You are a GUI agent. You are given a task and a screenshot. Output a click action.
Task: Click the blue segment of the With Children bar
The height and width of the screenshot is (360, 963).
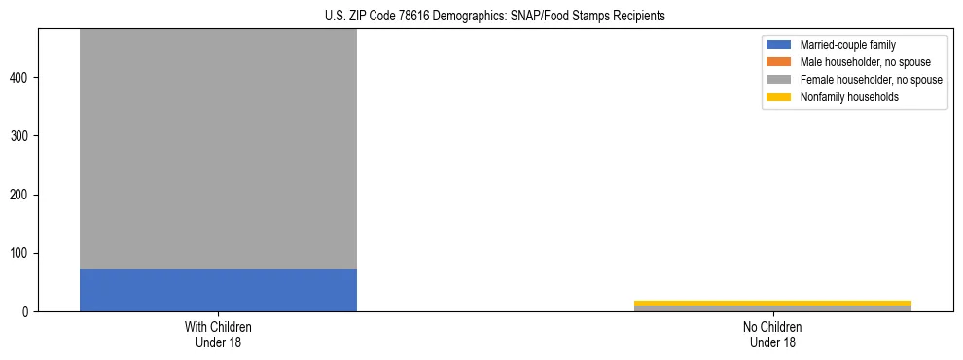[x=218, y=290]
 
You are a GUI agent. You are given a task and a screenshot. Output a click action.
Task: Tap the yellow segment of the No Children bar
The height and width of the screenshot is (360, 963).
[x=772, y=303]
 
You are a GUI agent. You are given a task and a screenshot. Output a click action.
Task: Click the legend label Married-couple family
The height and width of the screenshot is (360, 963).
[x=848, y=45]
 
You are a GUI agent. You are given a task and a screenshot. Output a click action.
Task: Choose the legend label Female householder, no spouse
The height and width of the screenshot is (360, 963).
[x=871, y=80]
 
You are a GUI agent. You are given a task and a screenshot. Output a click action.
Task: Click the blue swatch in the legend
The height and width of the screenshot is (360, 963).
[x=779, y=45]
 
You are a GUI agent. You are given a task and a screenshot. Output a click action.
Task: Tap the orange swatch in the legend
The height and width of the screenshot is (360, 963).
[x=779, y=62]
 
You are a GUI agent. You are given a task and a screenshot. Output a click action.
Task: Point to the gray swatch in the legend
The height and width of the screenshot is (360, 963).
[x=779, y=80]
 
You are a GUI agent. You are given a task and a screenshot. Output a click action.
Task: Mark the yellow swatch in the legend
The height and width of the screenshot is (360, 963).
[x=779, y=97]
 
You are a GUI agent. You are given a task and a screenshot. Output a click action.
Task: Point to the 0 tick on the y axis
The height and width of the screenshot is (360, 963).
[x=28, y=312]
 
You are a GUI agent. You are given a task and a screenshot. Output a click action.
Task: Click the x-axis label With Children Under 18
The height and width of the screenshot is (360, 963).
[x=218, y=334]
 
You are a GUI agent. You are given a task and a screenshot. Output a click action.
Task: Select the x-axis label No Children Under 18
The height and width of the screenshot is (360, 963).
[x=772, y=334]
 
